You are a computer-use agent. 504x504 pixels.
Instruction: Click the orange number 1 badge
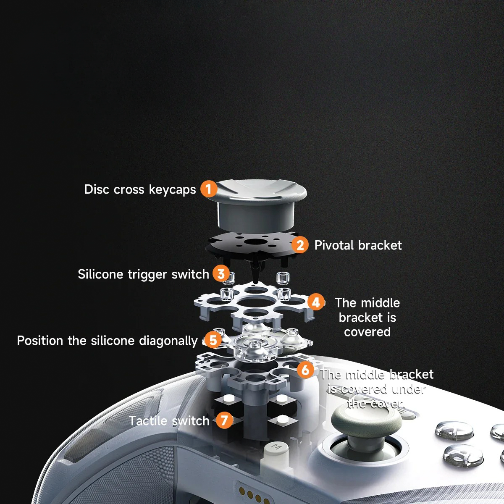click(x=209, y=189)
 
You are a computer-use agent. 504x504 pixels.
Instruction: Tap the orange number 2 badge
click(x=300, y=245)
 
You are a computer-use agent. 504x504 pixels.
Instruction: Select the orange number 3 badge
click(x=221, y=273)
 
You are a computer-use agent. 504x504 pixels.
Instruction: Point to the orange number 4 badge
click(x=316, y=302)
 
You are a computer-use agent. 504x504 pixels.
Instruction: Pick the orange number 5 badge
click(x=213, y=340)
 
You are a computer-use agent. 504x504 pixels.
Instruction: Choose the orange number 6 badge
click(x=305, y=370)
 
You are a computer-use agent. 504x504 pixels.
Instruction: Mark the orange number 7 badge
click(x=224, y=420)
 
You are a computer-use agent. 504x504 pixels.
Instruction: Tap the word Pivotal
click(x=334, y=245)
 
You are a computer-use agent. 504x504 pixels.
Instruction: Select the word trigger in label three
click(x=148, y=275)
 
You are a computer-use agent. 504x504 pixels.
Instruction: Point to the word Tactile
click(x=148, y=420)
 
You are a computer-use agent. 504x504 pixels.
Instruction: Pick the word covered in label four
click(x=367, y=332)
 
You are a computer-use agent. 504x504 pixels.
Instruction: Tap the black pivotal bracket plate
click(x=252, y=245)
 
